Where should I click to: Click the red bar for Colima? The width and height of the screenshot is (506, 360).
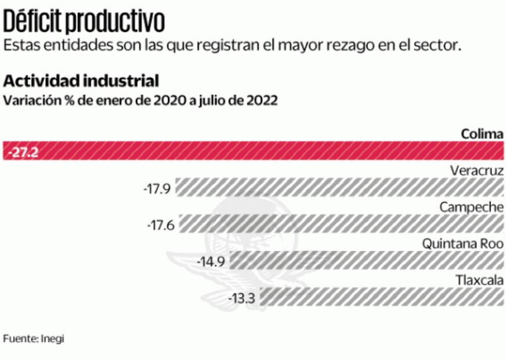pyautogui.click(x=261, y=152)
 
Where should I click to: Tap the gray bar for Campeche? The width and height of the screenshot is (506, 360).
pyautogui.click(x=341, y=224)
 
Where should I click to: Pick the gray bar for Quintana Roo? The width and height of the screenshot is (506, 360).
pyautogui.click(x=366, y=261)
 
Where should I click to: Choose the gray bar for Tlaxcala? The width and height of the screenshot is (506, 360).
pyautogui.click(x=382, y=297)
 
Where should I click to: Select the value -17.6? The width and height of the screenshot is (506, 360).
pyautogui.click(x=161, y=225)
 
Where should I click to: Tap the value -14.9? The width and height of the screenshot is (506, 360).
pyautogui.click(x=210, y=261)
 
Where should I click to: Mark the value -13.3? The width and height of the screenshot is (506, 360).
pyautogui.click(x=243, y=298)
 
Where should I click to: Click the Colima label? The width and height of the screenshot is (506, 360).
pyautogui.click(x=482, y=134)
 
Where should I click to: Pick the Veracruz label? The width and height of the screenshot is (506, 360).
pyautogui.click(x=476, y=171)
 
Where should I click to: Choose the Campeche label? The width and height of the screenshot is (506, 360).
pyautogui.click(x=471, y=207)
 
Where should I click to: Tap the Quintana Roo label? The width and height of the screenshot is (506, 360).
pyautogui.click(x=462, y=243)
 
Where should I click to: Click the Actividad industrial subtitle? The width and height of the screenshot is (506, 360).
pyautogui.click(x=81, y=80)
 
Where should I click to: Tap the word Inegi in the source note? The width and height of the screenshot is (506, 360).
pyautogui.click(x=52, y=338)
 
